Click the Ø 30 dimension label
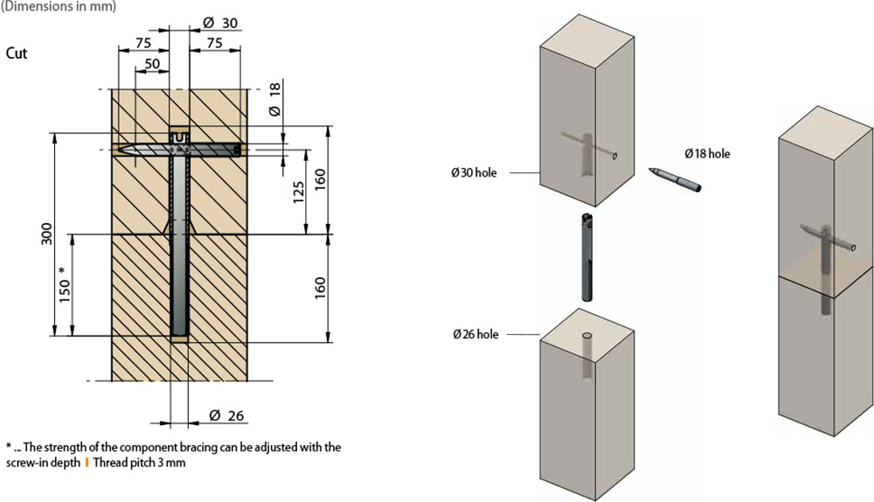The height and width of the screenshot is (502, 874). click(x=220, y=23)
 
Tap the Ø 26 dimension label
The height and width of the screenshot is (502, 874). click(x=226, y=415)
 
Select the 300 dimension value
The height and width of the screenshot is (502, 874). click(x=47, y=234)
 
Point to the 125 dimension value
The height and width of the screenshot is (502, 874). click(x=299, y=192)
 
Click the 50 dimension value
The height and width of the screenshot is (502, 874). click(x=152, y=64)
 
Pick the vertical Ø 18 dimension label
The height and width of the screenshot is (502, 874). click(x=274, y=99)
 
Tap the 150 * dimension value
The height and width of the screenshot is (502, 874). click(x=65, y=284)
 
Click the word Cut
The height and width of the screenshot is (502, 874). click(x=16, y=53)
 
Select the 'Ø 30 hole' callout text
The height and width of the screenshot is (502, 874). click(x=474, y=173)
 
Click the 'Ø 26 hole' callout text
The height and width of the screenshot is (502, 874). click(x=475, y=335)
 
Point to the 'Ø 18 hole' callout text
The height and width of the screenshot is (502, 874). click(x=707, y=153)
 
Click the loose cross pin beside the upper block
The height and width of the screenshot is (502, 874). click(x=675, y=179)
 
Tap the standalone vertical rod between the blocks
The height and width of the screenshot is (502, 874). click(x=586, y=257)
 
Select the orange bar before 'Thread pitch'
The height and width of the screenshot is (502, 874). click(x=87, y=463)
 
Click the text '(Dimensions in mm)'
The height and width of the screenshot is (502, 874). click(x=59, y=7)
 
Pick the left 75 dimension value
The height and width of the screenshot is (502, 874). click(x=143, y=43)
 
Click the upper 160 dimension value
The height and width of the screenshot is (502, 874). click(x=320, y=179)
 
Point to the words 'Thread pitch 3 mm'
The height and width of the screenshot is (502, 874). click(x=139, y=463)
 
